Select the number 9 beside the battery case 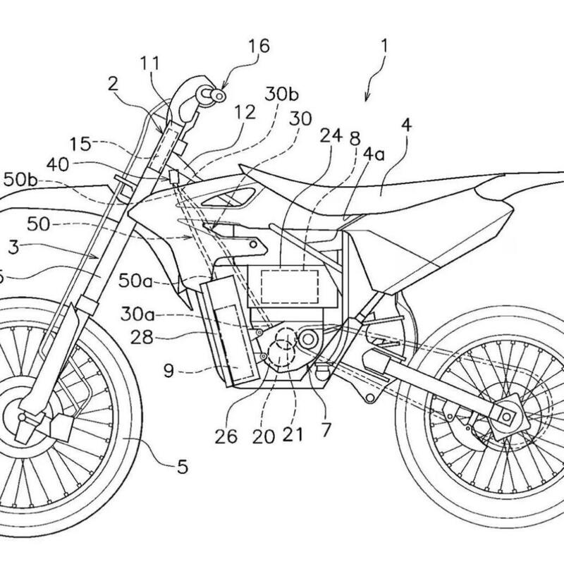point(168,368)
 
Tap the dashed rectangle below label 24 point(289,286)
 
